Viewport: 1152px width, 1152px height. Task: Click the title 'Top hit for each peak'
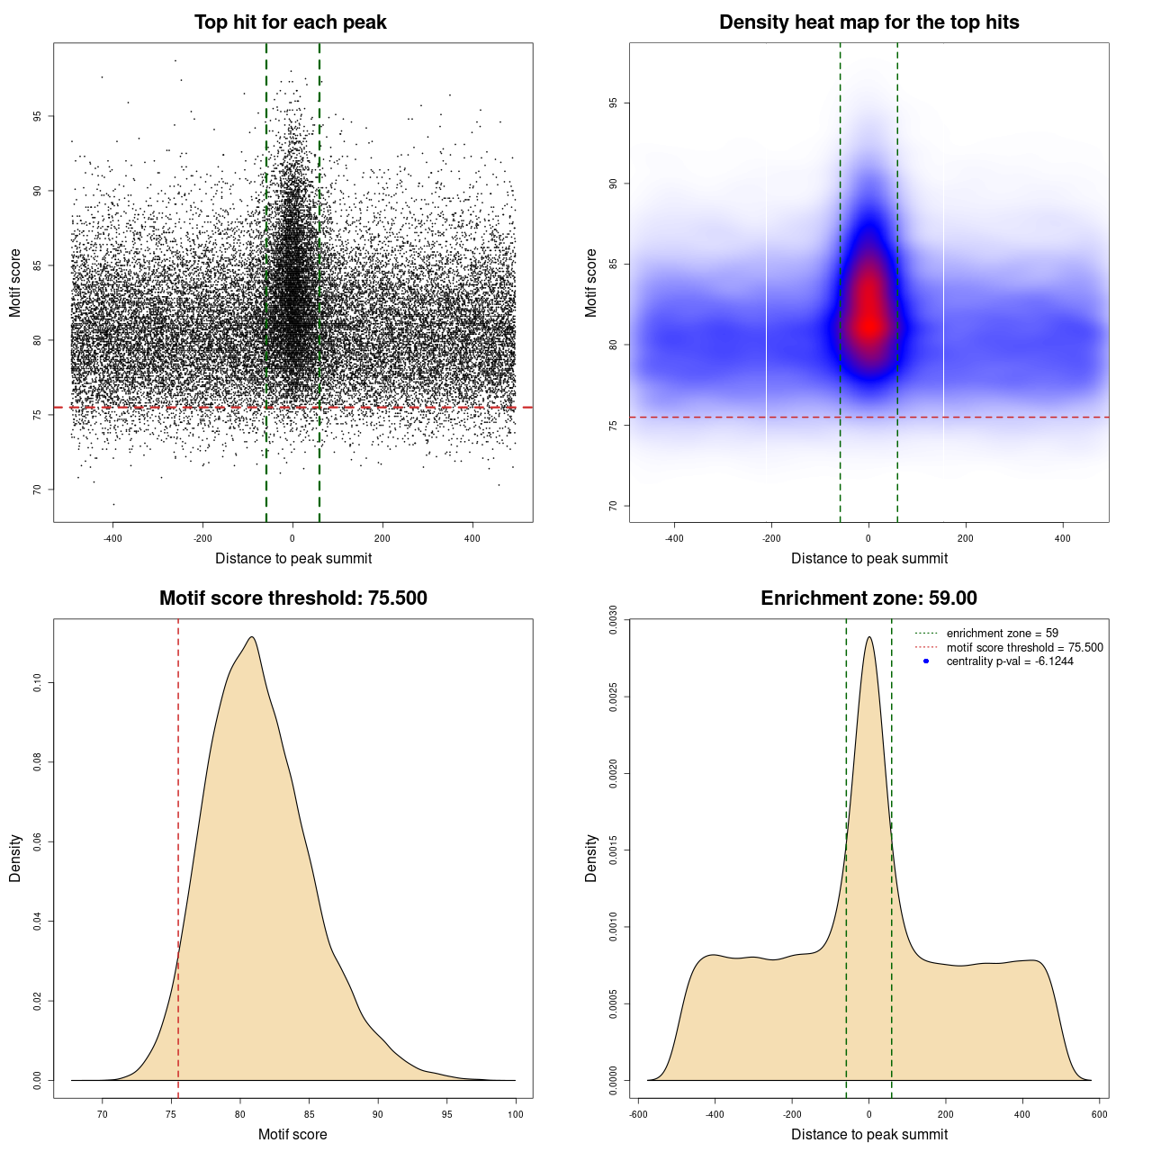[x=290, y=22]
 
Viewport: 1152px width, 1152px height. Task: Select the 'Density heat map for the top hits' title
[x=868, y=22]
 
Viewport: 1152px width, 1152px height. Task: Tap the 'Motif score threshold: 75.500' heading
[x=292, y=598]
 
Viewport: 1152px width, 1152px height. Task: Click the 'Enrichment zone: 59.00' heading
[x=868, y=598]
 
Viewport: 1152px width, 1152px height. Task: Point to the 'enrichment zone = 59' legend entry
[x=1002, y=634]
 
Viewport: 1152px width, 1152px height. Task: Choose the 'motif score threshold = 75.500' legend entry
[x=1024, y=648]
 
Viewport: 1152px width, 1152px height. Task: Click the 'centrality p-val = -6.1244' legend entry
[x=1009, y=661]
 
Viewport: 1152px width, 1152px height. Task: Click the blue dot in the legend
[x=926, y=661]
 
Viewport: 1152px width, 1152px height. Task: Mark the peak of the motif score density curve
[x=252, y=637]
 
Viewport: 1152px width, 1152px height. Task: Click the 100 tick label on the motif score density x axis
[x=515, y=1114]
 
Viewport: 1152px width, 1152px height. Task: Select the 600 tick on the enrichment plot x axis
[x=1099, y=1114]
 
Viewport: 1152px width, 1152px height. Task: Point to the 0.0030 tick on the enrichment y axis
[x=613, y=620]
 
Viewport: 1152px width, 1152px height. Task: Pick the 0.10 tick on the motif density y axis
[x=37, y=683]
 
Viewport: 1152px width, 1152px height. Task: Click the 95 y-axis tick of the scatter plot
[x=37, y=116]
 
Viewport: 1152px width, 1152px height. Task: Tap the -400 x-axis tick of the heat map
[x=674, y=538]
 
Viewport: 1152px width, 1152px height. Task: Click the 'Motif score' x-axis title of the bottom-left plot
[x=292, y=1134]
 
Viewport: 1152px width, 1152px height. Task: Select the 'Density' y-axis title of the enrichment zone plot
[x=591, y=858]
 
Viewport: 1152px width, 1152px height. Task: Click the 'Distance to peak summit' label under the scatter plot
[x=293, y=558]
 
